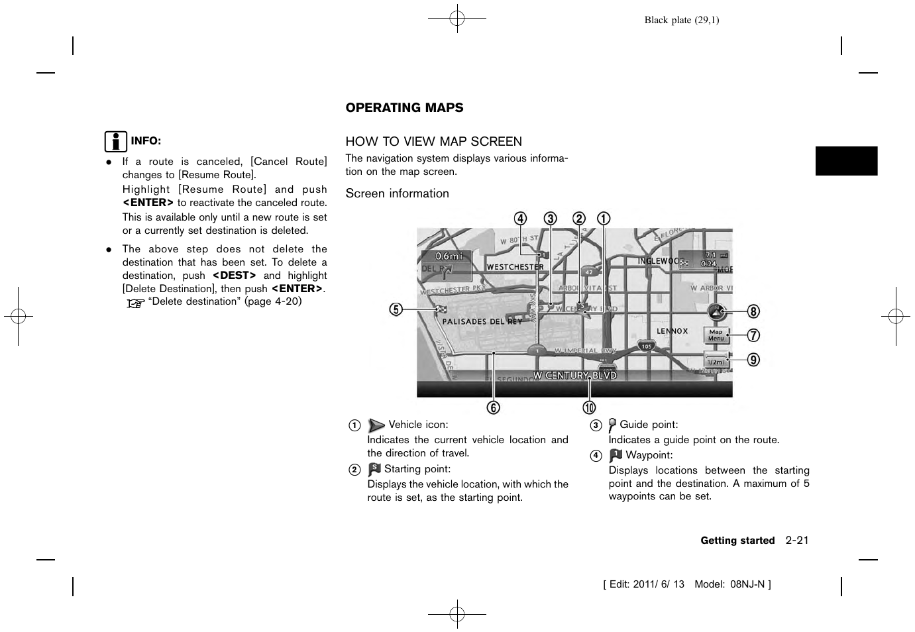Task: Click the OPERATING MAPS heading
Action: (404, 107)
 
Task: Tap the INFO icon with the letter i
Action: (115, 142)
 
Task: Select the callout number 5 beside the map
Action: (396, 309)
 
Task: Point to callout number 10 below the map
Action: (589, 407)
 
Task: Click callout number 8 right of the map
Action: (753, 311)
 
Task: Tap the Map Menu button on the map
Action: (716, 335)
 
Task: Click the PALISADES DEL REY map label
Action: (482, 321)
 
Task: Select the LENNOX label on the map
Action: (672, 331)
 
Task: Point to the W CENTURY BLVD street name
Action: (574, 375)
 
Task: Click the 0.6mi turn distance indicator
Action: (448, 256)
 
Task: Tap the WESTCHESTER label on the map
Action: (515, 267)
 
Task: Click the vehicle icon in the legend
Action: (376, 425)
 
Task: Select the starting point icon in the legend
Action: (374, 469)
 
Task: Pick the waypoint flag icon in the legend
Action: (616, 455)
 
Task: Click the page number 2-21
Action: (797, 540)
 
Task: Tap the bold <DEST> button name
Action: (234, 275)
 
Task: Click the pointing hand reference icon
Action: (136, 303)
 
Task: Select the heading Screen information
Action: (397, 193)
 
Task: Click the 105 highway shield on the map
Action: (646, 346)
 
